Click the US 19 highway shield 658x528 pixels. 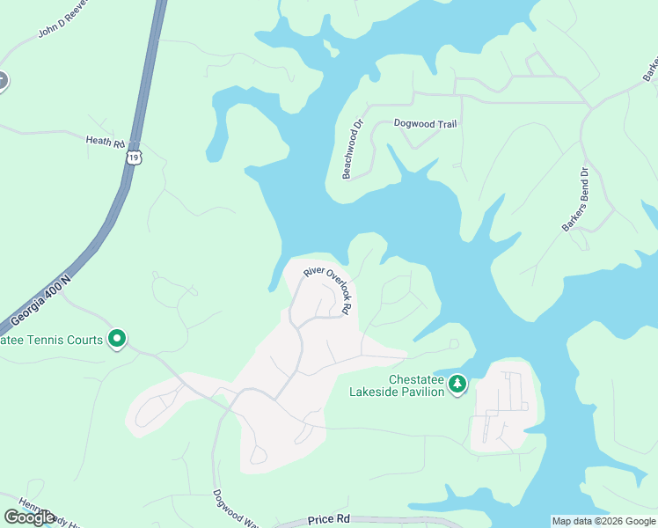click(x=133, y=158)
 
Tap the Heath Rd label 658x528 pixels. click(x=106, y=141)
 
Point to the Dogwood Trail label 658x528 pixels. click(x=425, y=124)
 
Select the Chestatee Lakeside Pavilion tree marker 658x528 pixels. click(x=457, y=385)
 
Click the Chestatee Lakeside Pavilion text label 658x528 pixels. click(x=397, y=385)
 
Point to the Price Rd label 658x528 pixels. click(x=329, y=520)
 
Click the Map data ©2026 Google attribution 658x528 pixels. click(x=603, y=521)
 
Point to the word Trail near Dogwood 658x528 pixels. click(x=443, y=124)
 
